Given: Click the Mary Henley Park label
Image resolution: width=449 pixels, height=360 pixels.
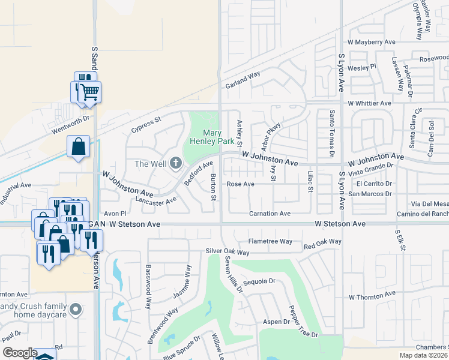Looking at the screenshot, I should [x=217, y=137].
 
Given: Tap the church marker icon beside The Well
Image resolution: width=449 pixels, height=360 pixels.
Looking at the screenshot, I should [x=176, y=163].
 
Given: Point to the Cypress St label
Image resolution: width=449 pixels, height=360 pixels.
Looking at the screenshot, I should [x=146, y=125].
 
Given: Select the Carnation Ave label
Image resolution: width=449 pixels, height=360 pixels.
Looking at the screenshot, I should [x=270, y=214].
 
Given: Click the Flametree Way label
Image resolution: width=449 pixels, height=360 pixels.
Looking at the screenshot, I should [x=270, y=241].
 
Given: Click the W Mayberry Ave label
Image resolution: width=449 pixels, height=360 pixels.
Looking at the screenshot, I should [x=372, y=43].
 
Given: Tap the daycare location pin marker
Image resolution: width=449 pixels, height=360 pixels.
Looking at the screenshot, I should [x=75, y=310].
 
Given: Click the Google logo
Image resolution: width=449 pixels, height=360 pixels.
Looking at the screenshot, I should [x=19, y=353].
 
